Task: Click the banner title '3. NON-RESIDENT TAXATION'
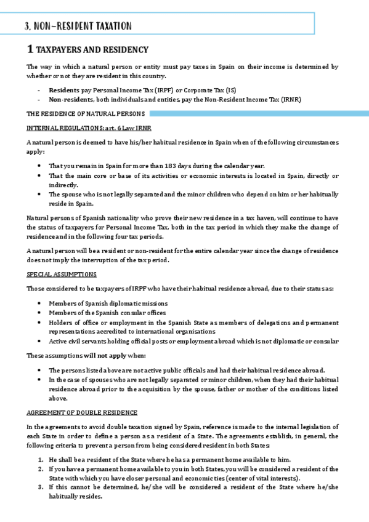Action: pos(78,26)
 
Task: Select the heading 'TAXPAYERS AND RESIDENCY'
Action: pos(92,49)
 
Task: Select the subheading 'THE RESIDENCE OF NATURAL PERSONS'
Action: pos(85,114)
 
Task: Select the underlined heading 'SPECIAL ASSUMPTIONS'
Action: pos(61,274)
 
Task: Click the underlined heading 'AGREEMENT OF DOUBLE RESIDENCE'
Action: pos(82,412)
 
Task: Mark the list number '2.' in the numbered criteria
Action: pos(41,469)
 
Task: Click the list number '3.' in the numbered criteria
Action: pos(41,487)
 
